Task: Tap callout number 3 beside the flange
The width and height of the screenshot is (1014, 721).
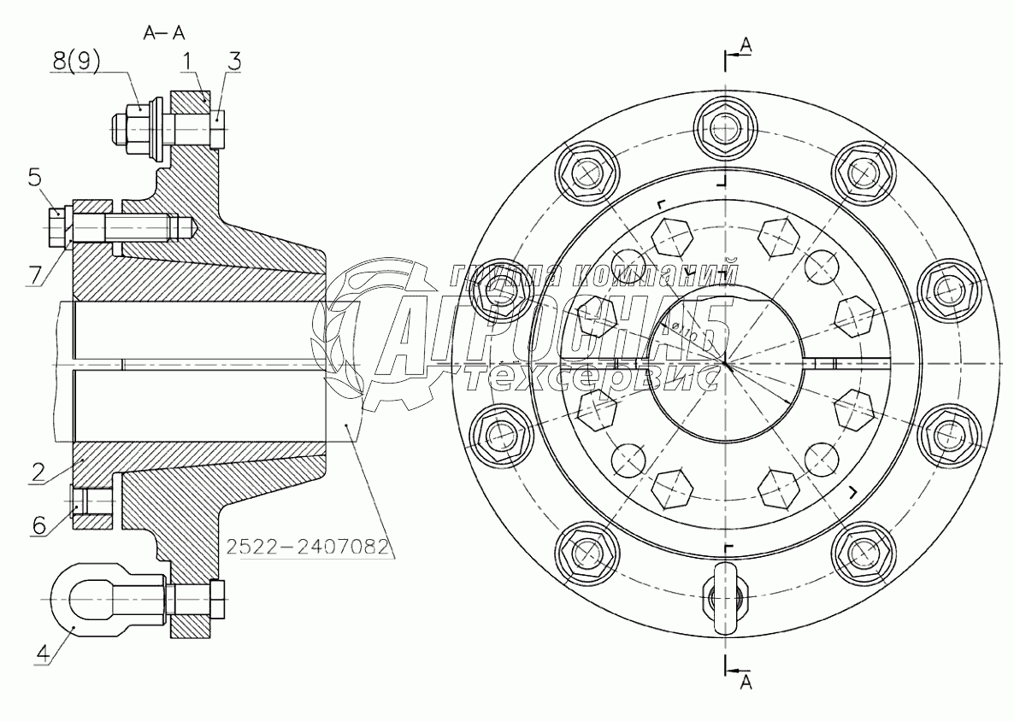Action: [234, 62]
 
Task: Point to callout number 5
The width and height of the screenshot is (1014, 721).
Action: [34, 178]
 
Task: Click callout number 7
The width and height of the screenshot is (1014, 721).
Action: [34, 274]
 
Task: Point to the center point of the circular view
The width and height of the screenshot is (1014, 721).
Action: [724, 363]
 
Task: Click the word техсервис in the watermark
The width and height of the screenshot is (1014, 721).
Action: [591, 377]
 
